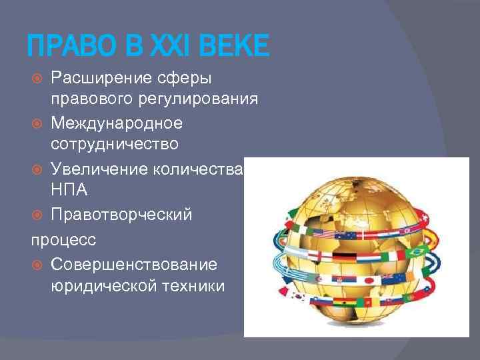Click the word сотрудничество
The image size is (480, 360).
point(109,145)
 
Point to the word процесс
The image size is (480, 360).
point(62,239)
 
